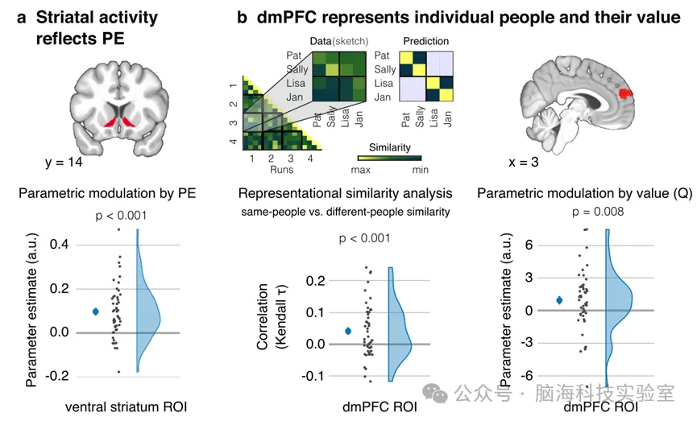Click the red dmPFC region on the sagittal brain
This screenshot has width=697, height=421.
click(x=625, y=93)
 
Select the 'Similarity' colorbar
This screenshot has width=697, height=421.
click(x=389, y=159)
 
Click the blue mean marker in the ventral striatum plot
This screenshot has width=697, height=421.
click(x=95, y=311)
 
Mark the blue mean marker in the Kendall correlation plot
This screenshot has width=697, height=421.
click(x=348, y=331)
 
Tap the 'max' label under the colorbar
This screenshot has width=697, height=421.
click(x=366, y=171)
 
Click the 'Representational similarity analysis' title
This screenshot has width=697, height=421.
click(x=345, y=193)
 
